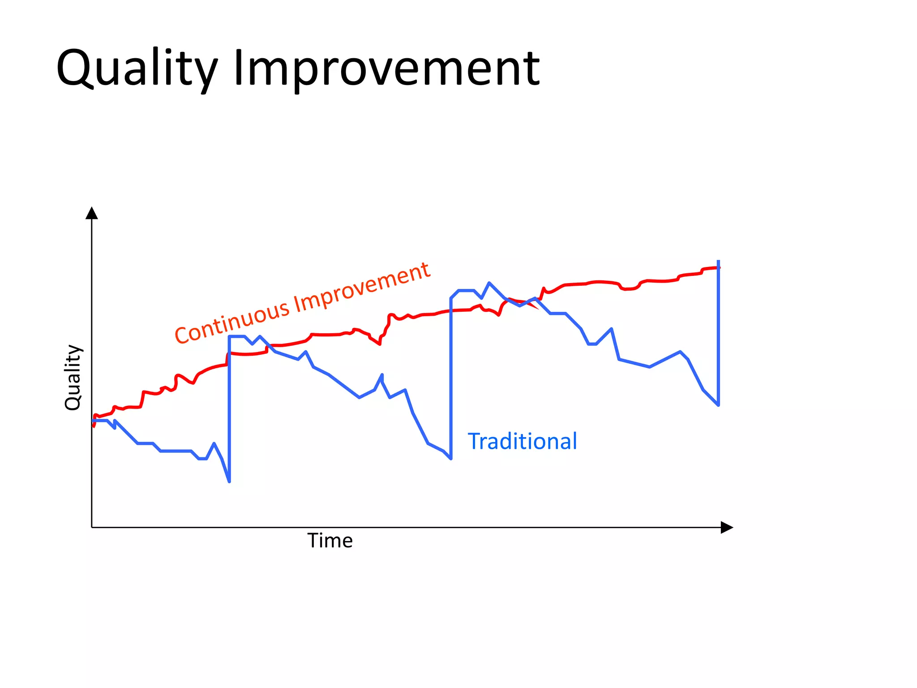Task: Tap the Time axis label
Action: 330,541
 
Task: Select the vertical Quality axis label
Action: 73,377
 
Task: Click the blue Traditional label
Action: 522,441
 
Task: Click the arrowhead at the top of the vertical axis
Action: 92,213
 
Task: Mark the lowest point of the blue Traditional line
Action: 229,482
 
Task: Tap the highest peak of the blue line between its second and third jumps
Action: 489,283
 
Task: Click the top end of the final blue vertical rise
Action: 718,261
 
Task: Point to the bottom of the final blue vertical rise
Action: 718,405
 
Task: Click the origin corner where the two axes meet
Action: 92,528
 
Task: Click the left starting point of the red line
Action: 94,426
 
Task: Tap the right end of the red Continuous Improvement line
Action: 719,268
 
